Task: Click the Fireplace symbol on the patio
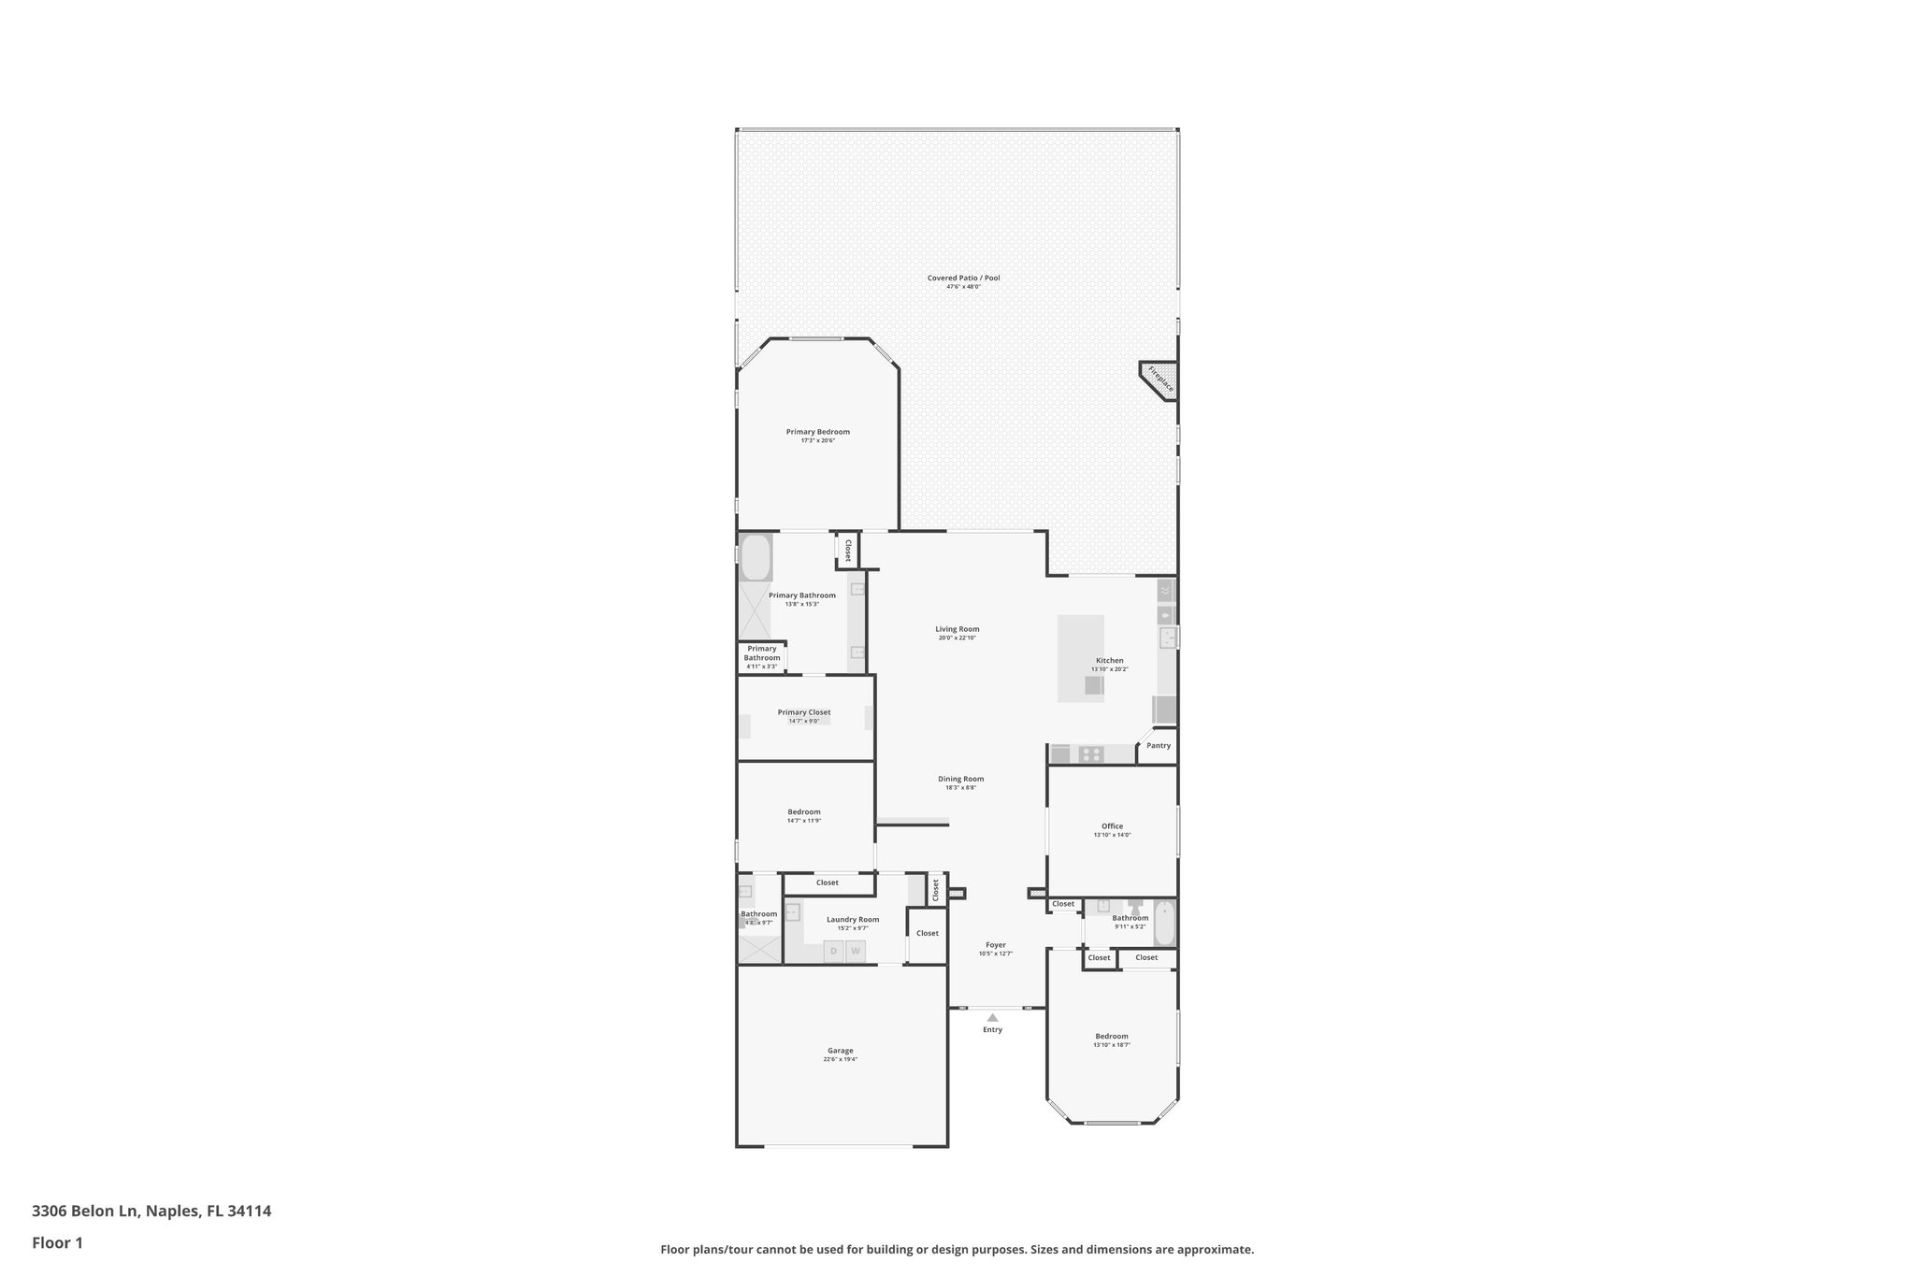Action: tap(1160, 380)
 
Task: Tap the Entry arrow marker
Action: tap(992, 1017)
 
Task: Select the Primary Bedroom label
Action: tap(817, 432)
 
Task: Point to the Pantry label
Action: tap(1159, 746)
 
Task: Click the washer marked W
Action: tap(855, 952)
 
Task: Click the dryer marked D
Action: tap(833, 952)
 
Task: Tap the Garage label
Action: tap(840, 1051)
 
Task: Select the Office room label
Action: tap(1112, 826)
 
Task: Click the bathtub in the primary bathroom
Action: tap(756, 558)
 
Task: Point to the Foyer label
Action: tap(995, 945)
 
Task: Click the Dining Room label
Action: tap(960, 779)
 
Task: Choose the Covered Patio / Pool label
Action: tap(963, 278)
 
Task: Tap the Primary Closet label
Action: tap(803, 712)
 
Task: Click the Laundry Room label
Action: tap(852, 920)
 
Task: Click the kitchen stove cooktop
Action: tap(1090, 753)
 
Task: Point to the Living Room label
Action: tap(957, 629)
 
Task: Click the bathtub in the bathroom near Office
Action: tap(1164, 924)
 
